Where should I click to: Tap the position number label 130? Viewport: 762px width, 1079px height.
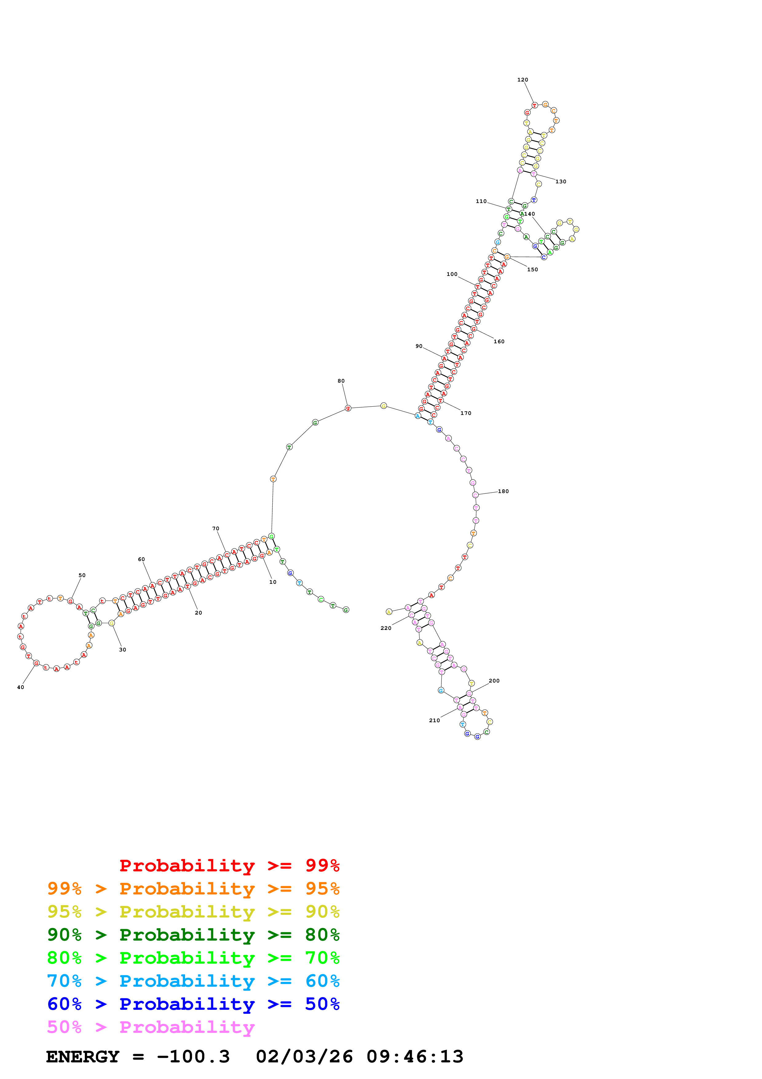click(561, 181)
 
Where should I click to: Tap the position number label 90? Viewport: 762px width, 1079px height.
click(418, 346)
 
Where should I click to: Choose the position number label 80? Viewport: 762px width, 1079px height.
click(341, 381)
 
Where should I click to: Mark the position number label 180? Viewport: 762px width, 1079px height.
click(503, 492)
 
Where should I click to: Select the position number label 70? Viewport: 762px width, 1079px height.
click(215, 529)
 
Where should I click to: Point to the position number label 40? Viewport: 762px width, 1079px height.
click(21, 687)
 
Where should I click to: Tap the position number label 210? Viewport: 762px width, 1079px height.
click(434, 720)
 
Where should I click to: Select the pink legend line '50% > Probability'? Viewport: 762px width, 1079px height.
click(151, 1027)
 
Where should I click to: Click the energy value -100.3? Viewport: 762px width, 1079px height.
click(193, 1057)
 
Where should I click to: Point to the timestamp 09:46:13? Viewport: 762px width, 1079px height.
click(415, 1057)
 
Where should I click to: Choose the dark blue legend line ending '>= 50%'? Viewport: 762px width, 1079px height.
click(193, 1004)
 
